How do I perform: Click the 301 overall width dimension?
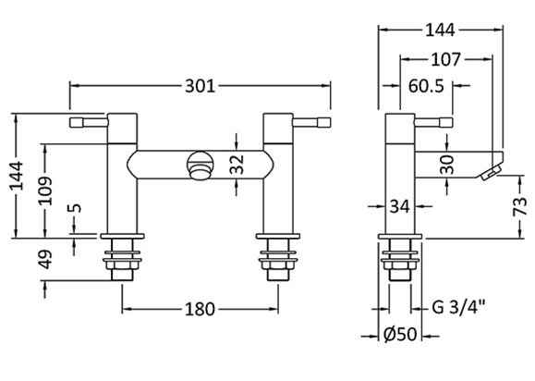201,86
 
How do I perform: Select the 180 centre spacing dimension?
200,309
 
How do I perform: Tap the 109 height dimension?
45,190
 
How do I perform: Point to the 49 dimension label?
45,260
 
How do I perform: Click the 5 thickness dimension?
76,207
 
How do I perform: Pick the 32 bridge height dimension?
237,165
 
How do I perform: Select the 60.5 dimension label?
427,86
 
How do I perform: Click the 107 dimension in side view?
446,59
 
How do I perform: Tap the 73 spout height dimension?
521,206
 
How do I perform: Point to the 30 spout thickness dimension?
447,165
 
